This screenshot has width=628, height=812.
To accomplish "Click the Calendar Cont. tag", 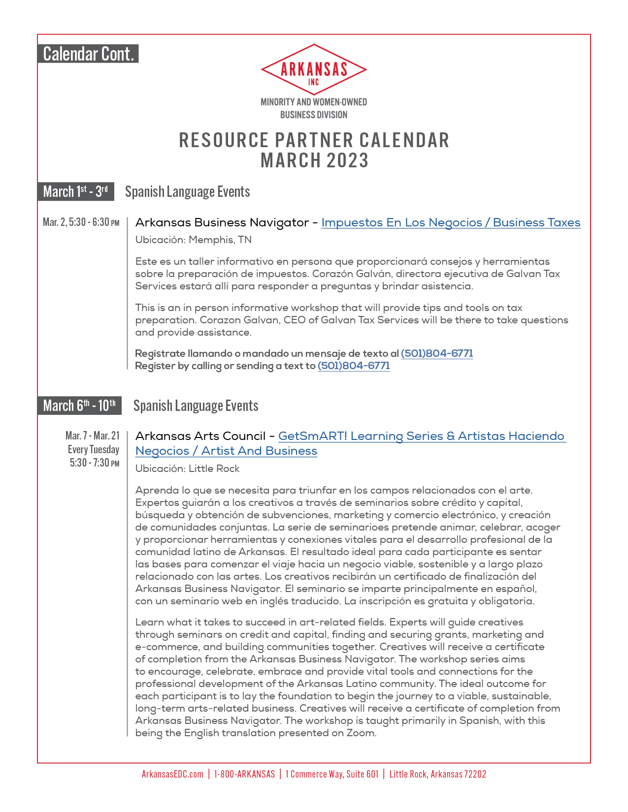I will pos(88,54).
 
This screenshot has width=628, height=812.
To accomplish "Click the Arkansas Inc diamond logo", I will pos(314,70).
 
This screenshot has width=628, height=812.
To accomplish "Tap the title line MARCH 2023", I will pos(314,161).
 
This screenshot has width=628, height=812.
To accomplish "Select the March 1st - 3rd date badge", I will pos(75,191).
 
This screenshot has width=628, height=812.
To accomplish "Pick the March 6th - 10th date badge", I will pos(79,406).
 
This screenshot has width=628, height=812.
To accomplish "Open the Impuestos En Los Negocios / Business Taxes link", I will pos(451,222).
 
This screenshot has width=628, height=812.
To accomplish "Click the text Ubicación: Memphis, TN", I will pos(193,240).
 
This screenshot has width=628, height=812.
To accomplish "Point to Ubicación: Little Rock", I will pos(187,468).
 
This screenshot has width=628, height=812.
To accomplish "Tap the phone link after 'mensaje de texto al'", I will pos(437,353).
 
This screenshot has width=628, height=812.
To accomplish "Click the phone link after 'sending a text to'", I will pos(354,366).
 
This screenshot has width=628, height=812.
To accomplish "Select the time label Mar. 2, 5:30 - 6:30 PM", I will pos(81,222).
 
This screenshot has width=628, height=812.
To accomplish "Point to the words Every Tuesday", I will pos(94,449).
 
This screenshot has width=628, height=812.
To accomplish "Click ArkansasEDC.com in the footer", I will pos(172,774).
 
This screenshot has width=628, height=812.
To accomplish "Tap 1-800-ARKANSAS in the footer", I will pos(244,774).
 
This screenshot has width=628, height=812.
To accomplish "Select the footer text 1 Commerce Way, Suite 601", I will pos(332,774).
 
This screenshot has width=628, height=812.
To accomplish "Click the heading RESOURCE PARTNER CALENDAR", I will pos(314,140).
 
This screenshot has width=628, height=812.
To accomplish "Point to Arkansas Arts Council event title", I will pos(200,436).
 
